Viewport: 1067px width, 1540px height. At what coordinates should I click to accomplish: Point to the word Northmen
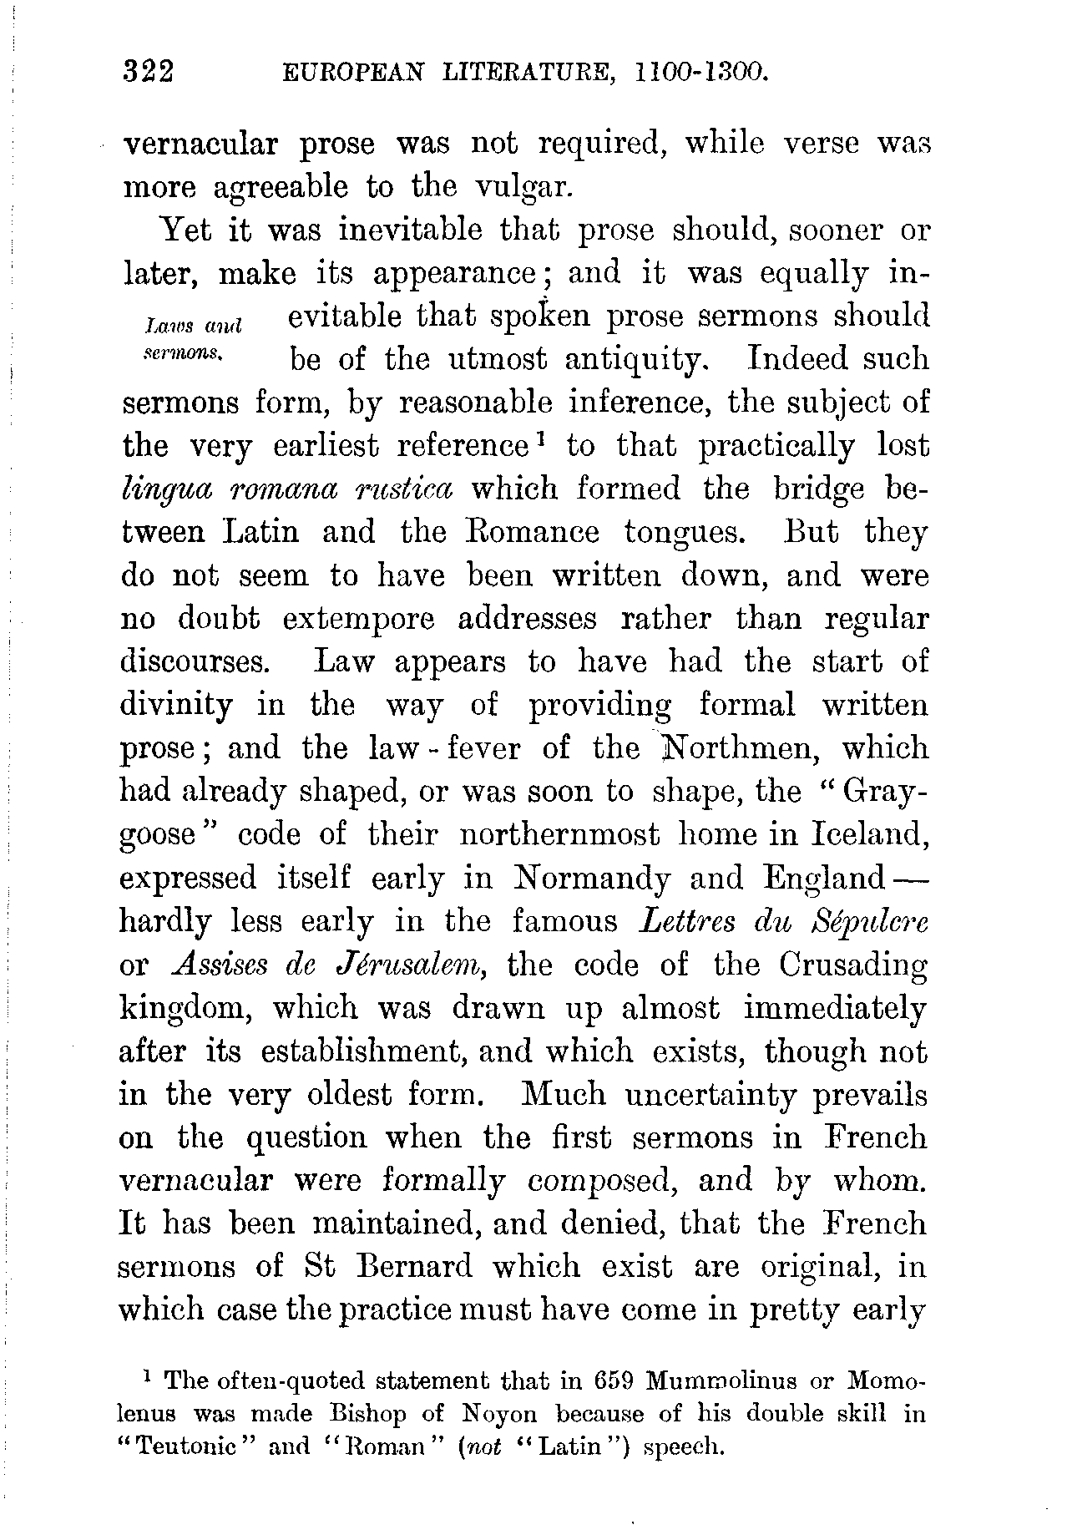coord(736,747)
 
